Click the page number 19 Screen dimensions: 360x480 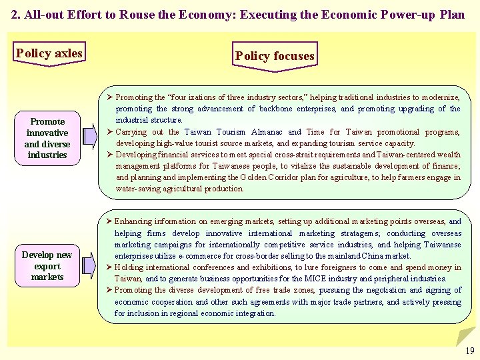(470, 351)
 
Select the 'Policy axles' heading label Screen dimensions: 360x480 (49, 53)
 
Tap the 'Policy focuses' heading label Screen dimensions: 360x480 (274, 56)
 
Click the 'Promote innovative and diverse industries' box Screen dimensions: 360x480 (47, 138)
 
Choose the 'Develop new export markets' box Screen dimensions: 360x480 (47, 266)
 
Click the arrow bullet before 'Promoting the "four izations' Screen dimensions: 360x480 (110, 98)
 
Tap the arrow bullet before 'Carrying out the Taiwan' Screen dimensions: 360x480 (110, 132)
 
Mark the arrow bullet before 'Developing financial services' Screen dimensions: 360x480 (110, 155)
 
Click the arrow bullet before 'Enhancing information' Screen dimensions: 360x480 (110, 222)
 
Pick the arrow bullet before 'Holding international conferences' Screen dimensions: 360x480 (110, 267)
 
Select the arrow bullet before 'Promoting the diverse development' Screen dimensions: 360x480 (110, 290)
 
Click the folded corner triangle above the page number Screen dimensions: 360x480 (467, 335)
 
